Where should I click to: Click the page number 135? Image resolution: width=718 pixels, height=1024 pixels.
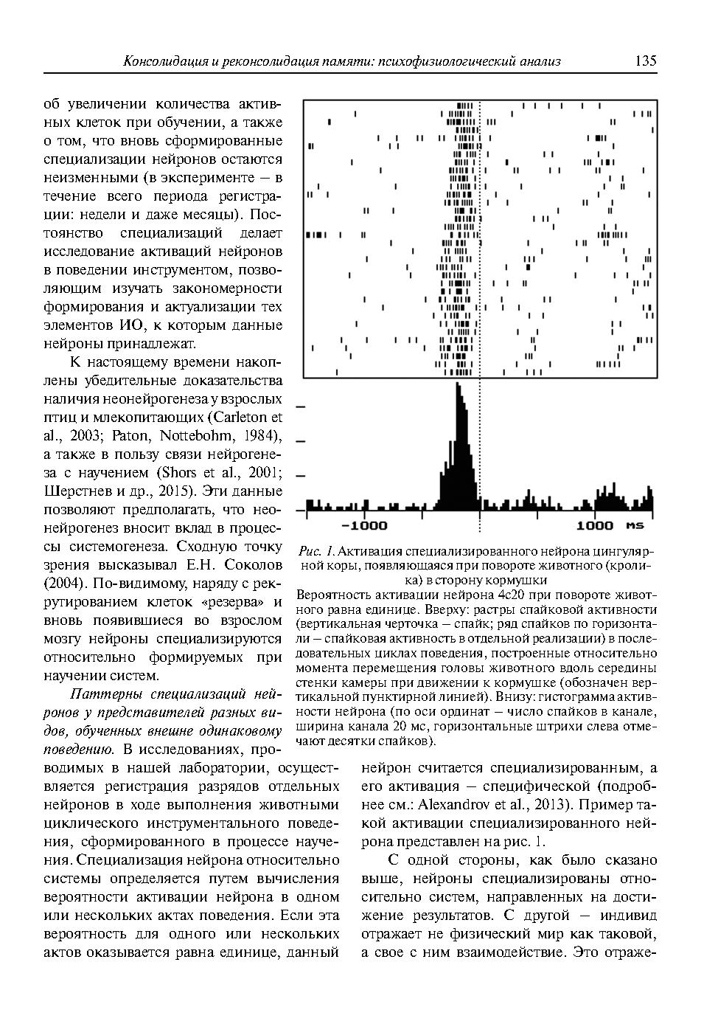click(x=645, y=61)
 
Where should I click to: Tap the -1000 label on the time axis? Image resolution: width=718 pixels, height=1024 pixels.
click(x=364, y=525)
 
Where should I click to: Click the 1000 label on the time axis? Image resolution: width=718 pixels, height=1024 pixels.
click(x=594, y=525)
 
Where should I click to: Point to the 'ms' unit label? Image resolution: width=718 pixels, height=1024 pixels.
click(x=635, y=525)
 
